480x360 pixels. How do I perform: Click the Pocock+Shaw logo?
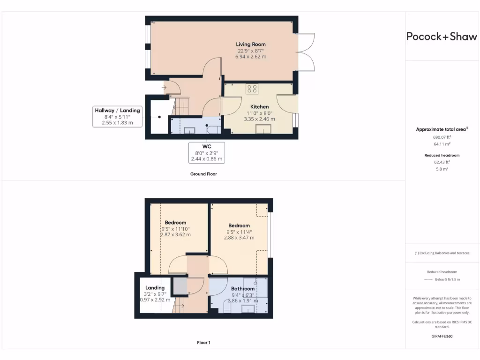[x=442, y=37]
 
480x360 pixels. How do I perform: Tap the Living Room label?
[x=250, y=45]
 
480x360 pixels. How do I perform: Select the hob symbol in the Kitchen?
[x=252, y=89]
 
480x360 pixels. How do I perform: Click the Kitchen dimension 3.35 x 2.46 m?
[x=259, y=119]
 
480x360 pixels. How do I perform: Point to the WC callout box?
[x=207, y=153]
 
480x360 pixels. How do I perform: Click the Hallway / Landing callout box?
[x=117, y=117]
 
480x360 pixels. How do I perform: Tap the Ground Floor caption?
[x=203, y=174]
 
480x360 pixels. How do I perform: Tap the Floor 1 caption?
[x=203, y=343]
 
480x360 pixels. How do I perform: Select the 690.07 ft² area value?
[x=442, y=137]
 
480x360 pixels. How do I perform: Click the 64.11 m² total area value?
[x=442, y=144]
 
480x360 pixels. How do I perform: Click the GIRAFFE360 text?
[x=442, y=336]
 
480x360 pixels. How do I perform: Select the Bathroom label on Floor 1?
[x=243, y=289]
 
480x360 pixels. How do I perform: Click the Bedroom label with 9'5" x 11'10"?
[x=175, y=223]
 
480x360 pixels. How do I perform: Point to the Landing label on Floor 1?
[x=155, y=288]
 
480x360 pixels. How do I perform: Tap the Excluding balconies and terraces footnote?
[x=442, y=253]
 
